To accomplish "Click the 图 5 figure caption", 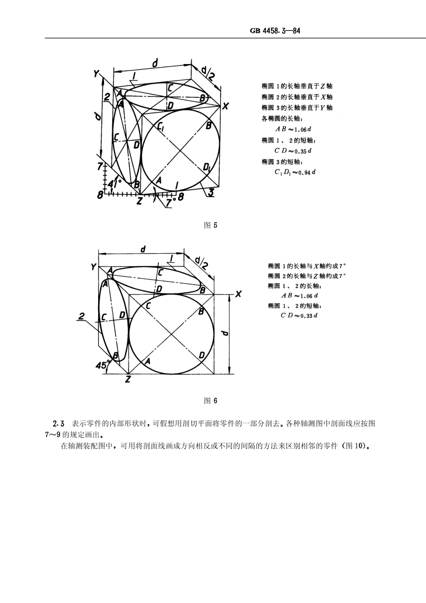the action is tap(210, 225).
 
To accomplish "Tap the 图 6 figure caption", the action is tap(210, 400).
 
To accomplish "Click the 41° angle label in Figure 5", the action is tap(115, 183).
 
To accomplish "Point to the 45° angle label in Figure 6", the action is tap(102, 365).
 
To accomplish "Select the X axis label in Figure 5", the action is tap(225, 106).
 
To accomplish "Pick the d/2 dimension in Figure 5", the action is tap(208, 73).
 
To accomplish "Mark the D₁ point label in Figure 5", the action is tap(207, 167).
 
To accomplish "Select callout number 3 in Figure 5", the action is tap(210, 193).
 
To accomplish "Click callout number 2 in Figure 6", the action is tap(81, 317).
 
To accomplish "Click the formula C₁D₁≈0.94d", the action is tap(295, 172).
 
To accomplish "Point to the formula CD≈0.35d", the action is tap(293, 151).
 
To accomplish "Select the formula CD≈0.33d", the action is tap(299, 316).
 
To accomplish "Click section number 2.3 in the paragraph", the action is tap(59, 424).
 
